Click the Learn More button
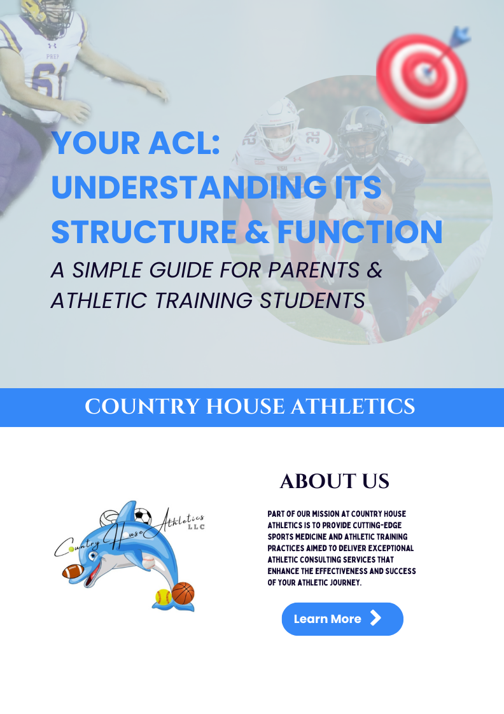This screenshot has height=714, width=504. point(342,619)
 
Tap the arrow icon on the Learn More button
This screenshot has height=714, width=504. point(375,619)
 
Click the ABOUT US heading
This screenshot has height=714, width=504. point(335,481)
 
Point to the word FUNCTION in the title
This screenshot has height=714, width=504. point(360,232)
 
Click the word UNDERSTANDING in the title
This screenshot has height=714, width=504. point(189,187)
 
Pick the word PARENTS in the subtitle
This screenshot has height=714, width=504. point(314,270)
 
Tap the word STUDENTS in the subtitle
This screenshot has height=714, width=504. point(312,300)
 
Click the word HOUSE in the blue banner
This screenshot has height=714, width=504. point(246,407)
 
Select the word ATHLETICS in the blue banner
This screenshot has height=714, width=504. point(353,407)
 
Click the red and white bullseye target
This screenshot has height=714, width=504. point(422,78)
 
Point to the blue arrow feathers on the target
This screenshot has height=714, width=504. point(460,36)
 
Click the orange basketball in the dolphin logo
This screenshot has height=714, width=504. point(183,593)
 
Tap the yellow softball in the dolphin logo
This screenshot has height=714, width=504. point(163,596)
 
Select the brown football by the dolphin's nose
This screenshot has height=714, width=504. point(73,571)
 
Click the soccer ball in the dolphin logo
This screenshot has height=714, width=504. point(143,516)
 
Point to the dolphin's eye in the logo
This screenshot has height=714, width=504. point(93,556)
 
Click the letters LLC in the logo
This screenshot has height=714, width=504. point(196,527)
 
